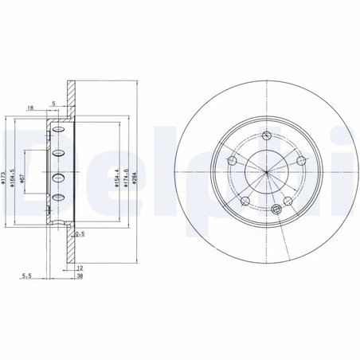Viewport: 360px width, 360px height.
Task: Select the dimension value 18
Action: point(30,108)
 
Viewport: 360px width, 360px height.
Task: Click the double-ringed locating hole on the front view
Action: point(276,205)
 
